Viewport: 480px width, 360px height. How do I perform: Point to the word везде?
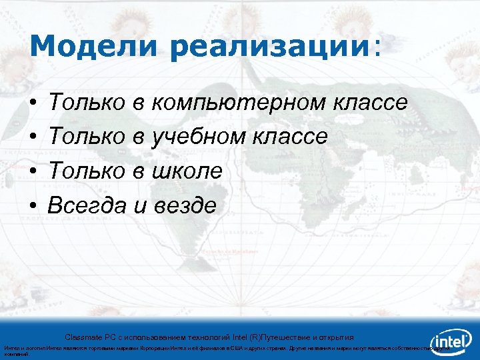tap(182, 206)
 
